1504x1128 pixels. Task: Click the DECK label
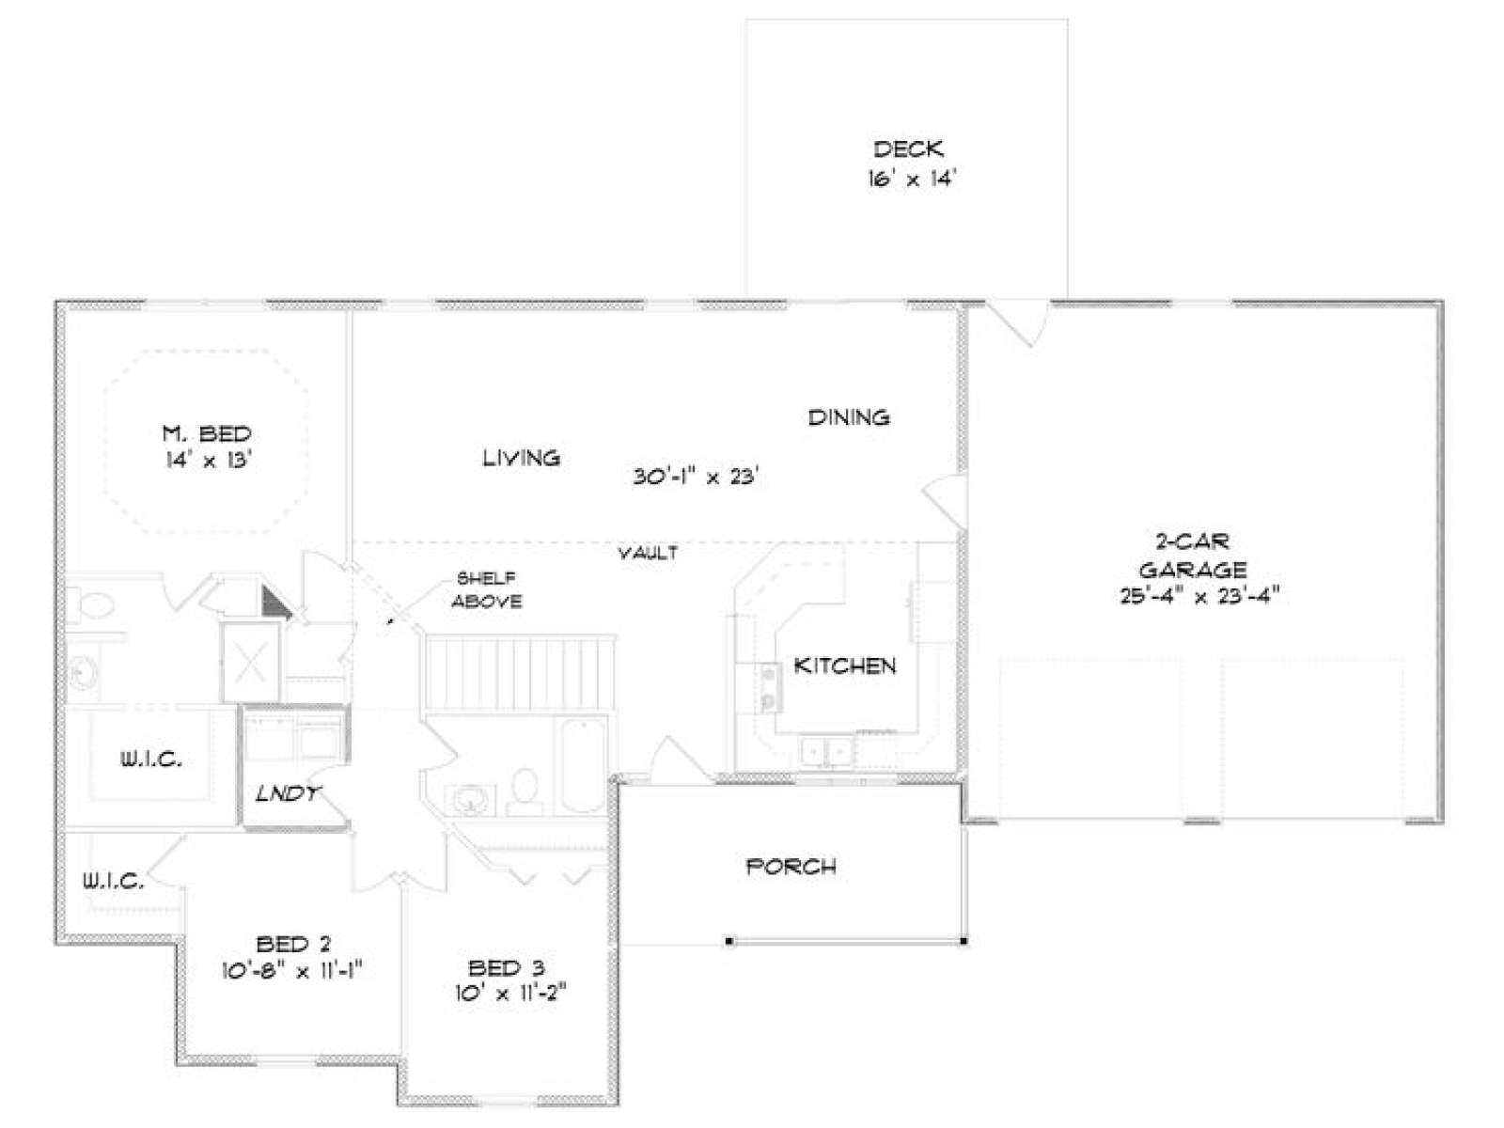pos(908,149)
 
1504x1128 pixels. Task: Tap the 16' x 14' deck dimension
pos(911,179)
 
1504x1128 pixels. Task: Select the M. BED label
pos(207,433)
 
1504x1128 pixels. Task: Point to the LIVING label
pos(522,458)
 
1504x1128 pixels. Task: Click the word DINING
pos(849,417)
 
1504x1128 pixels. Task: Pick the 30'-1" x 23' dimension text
pos(696,476)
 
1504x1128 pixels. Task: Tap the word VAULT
pos(649,553)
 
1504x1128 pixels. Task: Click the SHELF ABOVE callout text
pos(487,589)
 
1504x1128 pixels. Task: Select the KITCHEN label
pos(845,665)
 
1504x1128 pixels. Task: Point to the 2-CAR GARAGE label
pos(1193,556)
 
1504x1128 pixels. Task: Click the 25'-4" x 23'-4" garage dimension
pos(1199,596)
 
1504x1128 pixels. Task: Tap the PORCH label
pos(791,867)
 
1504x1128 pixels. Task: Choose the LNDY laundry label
pos(288,793)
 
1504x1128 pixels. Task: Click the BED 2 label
pos(293,944)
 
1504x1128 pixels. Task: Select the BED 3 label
pos(507,968)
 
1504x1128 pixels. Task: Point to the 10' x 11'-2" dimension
pos(511,993)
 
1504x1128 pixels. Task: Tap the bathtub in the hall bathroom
pos(583,766)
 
